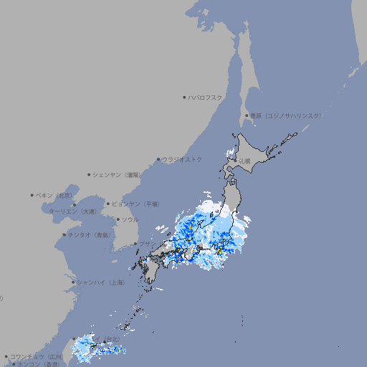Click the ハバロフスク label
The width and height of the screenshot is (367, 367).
(206, 97)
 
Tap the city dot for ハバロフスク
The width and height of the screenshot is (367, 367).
(184, 97)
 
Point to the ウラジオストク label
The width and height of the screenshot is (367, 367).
(182, 159)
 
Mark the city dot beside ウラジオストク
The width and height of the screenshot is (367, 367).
(158, 159)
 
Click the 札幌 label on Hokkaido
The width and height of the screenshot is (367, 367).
(245, 161)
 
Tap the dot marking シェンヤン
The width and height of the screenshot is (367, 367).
(89, 174)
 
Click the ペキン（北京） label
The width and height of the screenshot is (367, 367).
(55, 195)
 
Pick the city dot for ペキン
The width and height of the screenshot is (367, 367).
(32, 195)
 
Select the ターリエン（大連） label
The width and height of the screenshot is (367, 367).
(72, 211)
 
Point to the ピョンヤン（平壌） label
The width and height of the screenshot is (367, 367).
(135, 204)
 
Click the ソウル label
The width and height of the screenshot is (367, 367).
(130, 219)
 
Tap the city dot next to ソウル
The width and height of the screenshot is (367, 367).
(118, 219)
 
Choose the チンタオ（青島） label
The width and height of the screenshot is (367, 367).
(89, 234)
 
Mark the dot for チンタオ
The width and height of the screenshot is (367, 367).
(65, 234)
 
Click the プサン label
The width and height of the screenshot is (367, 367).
(146, 244)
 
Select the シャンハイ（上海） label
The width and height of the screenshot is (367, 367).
(100, 282)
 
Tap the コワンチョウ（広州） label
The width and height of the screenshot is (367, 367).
(36, 356)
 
